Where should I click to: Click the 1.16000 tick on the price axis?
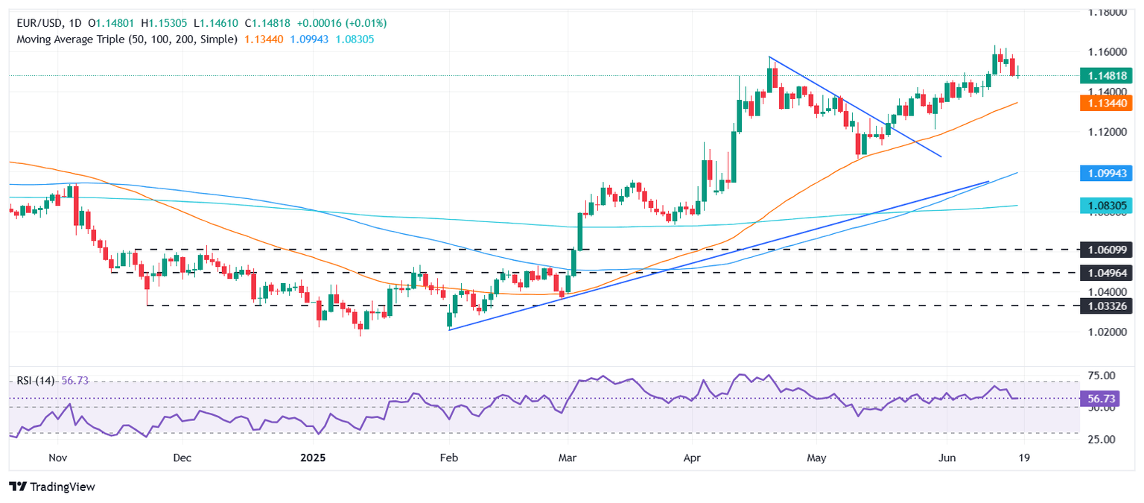point(1108,52)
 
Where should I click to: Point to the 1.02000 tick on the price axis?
point(1108,332)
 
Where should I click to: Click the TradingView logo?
point(52,487)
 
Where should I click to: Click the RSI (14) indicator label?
point(36,380)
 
